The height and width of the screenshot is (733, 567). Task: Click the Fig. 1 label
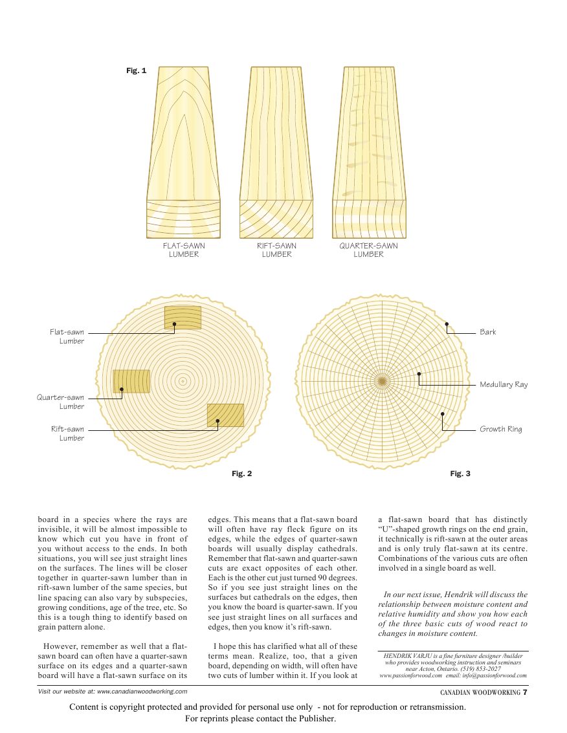coord(136,71)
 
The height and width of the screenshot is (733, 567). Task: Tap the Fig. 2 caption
coord(241,474)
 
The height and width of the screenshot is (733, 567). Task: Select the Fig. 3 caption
coord(460,474)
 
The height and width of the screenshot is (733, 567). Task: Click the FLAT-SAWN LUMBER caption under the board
coord(184,250)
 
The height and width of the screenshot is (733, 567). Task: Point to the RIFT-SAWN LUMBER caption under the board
coord(276,250)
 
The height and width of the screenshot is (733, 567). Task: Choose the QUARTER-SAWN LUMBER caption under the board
coord(368,250)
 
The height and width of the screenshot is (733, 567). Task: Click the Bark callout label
coord(487,333)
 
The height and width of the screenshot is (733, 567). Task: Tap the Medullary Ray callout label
coord(504,385)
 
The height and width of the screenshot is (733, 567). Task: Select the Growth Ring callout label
coord(500,430)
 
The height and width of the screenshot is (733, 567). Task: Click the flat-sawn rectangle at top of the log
coord(183,316)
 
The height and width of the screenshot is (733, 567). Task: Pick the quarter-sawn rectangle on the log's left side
coord(131,381)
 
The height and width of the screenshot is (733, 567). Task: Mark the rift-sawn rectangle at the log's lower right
coord(225,415)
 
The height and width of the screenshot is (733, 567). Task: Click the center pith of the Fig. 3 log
coord(382,382)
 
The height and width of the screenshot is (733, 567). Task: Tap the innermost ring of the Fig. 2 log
coord(183,382)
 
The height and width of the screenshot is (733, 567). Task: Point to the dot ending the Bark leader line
coord(446,323)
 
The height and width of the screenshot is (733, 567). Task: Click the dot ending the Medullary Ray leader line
coord(419,374)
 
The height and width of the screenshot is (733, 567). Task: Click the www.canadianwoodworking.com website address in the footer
coord(142,692)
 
